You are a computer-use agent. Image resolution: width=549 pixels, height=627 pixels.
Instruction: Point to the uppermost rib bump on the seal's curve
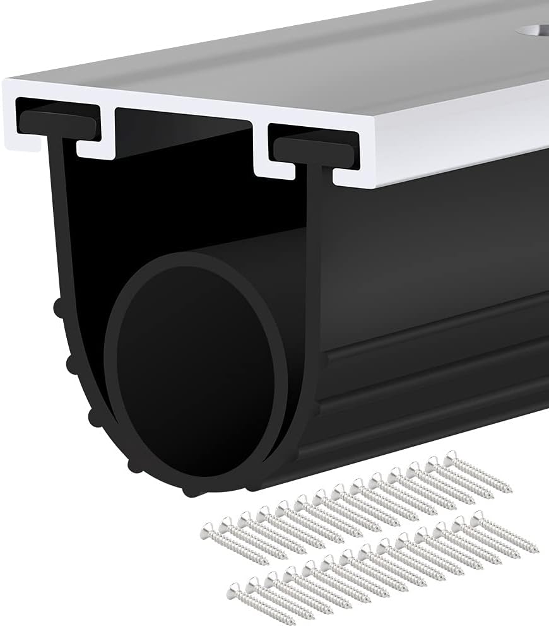59,308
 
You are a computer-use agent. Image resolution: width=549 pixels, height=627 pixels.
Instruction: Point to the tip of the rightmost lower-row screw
536,551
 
